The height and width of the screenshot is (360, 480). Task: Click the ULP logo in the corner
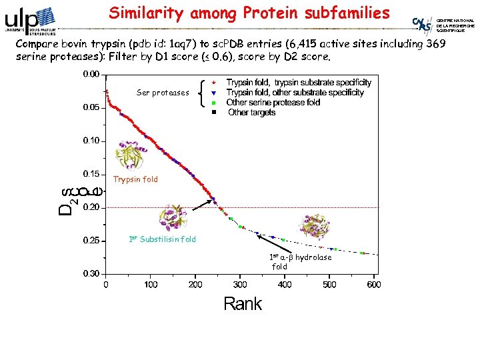(x=30, y=20)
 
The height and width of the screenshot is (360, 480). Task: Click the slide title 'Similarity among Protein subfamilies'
(x=249, y=13)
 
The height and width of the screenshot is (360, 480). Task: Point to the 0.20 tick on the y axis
(x=91, y=207)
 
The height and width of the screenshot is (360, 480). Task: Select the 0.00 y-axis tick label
(x=91, y=74)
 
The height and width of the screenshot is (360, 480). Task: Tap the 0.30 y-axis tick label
(x=91, y=273)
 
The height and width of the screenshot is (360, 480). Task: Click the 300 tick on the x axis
(x=240, y=285)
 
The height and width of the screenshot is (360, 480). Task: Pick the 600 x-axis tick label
(x=373, y=285)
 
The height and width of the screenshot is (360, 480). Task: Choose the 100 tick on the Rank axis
(x=151, y=285)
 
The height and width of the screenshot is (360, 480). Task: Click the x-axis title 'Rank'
(x=243, y=305)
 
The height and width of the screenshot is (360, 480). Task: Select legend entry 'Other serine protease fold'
(x=273, y=103)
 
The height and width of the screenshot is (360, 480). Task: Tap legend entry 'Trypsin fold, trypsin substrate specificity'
(x=299, y=83)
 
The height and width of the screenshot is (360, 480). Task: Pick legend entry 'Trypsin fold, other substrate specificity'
(x=295, y=93)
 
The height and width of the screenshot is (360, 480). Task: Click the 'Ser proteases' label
(x=163, y=93)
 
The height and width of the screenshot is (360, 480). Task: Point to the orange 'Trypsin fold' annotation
(x=135, y=179)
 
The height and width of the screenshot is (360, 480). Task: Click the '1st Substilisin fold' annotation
(x=162, y=239)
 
